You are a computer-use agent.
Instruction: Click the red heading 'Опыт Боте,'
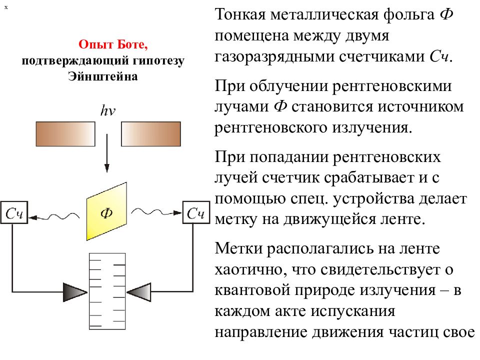[113, 44]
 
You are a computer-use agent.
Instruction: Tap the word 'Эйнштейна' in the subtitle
[103, 76]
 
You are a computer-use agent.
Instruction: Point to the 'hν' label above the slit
[108, 110]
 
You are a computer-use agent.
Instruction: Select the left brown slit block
[65, 134]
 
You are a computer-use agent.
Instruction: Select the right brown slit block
[151, 134]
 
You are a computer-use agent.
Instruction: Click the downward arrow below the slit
[107, 153]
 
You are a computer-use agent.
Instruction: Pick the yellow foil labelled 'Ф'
[106, 211]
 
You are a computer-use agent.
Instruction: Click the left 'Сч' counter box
[14, 212]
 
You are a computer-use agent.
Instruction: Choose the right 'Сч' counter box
[196, 212]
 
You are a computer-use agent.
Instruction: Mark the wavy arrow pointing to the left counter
[54, 216]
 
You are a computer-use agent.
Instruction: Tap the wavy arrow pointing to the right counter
[156, 211]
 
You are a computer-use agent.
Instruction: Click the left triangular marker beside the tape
[75, 292]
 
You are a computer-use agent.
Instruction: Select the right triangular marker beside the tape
[138, 292]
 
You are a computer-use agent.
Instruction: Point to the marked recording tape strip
[107, 291]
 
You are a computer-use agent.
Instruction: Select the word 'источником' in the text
[420, 107]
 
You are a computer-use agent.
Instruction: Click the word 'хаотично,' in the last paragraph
[251, 270]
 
